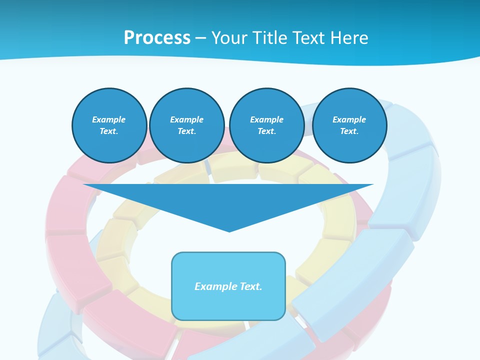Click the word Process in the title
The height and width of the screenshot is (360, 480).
[157, 38]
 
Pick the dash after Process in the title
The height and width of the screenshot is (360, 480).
[200, 38]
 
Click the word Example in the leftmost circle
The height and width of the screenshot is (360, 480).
[108, 119]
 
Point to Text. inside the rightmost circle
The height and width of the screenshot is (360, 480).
[349, 131]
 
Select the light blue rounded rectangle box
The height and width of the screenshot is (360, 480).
[228, 305]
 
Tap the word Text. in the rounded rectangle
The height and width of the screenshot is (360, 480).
[250, 286]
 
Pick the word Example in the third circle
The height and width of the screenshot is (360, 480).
[266, 119]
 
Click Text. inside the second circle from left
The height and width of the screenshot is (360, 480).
[186, 131]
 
